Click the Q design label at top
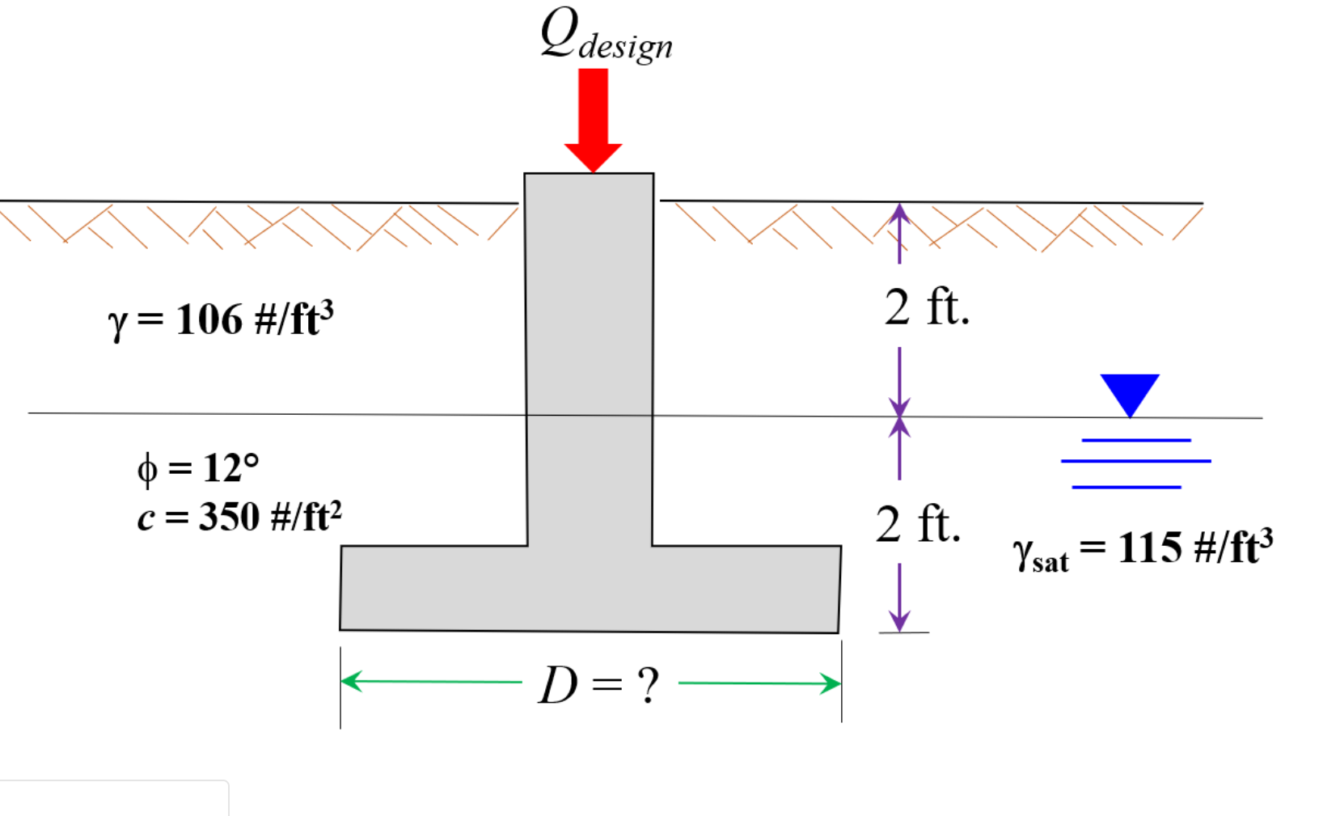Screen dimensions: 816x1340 605,36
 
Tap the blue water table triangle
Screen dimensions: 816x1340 1129,393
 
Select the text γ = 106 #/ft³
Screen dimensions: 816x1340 221,319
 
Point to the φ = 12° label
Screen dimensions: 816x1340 198,468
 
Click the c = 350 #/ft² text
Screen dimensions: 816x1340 239,517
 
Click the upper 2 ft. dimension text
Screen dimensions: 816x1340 926,308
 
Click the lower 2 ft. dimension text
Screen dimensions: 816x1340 918,525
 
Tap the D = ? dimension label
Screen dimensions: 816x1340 599,686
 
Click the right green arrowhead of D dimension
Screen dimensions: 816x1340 831,683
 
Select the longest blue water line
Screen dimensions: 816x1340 1135,461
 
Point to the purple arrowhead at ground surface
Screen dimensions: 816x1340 899,212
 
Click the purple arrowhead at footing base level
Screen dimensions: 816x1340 899,622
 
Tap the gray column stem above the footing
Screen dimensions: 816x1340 589,340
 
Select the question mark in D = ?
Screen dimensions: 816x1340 648,686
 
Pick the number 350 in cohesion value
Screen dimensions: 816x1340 230,517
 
